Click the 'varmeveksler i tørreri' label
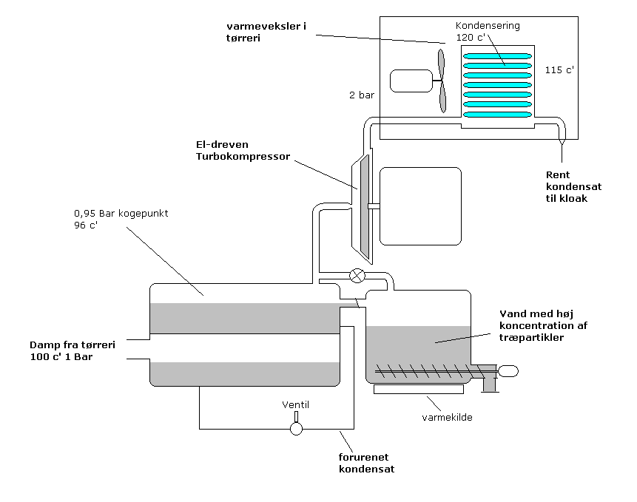pos(266,32)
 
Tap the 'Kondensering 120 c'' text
pos(488,31)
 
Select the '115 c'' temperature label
pos(559,69)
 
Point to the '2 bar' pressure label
pos(362,95)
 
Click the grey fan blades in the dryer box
pos(442,81)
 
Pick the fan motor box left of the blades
pos(411,81)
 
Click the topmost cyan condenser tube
pos(497,56)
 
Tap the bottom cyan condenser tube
pos(497,115)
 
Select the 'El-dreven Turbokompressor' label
pos(243,151)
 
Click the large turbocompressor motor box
pos(420,206)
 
